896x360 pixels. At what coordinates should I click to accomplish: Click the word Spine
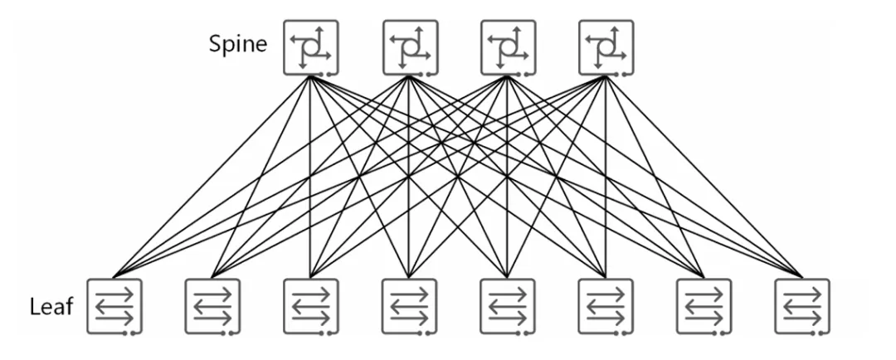pos(238,43)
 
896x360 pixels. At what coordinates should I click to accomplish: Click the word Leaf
pos(51,308)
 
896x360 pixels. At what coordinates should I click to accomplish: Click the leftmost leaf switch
pos(114,307)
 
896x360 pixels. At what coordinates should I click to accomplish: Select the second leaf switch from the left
pos(212,307)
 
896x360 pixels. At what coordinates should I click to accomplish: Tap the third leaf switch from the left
pos(311,307)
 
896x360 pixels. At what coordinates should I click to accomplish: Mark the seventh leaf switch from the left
pos(704,307)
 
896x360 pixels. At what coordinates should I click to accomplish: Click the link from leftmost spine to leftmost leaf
pos(212,176)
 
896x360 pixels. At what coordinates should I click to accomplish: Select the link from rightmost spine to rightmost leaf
pos(704,176)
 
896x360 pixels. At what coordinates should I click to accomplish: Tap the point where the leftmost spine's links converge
pos(309,76)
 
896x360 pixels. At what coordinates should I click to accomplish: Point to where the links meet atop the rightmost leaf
pos(802,276)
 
